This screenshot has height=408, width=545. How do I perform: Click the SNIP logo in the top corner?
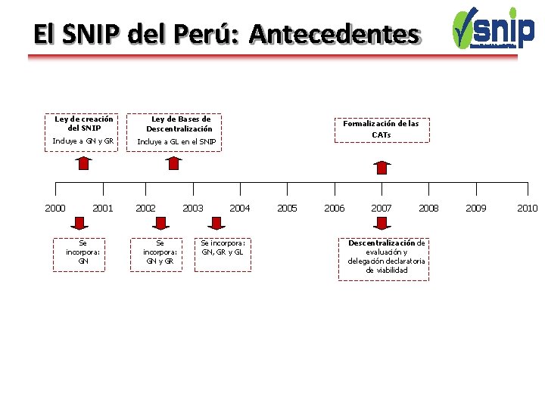(493, 28)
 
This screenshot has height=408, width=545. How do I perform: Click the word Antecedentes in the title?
(334, 34)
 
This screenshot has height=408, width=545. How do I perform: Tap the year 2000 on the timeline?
(55, 208)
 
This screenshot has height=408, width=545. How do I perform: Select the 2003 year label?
(193, 208)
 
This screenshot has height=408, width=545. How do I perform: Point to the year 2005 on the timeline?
(288, 208)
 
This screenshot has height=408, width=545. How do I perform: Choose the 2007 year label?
(381, 208)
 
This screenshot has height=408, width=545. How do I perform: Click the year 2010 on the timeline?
(528, 208)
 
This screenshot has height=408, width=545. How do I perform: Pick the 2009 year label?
(476, 208)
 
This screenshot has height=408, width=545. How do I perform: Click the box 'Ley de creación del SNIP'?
(84, 123)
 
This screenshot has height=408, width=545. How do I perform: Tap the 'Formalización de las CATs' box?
(381, 128)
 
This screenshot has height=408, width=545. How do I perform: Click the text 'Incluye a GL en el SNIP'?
(176, 141)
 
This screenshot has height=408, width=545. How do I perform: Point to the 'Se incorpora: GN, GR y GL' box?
(223, 247)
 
